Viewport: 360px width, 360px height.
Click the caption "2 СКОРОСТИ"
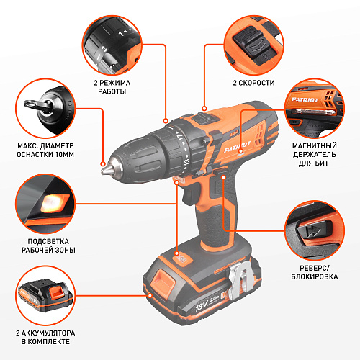[253, 83]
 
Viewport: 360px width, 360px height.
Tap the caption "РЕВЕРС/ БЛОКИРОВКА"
[315, 272]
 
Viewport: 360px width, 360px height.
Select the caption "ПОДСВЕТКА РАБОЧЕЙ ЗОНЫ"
[48, 246]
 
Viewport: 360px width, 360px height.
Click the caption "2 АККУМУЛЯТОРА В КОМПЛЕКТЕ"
[45, 337]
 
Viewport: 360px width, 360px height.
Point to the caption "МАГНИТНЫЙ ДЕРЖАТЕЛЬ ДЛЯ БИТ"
[314, 154]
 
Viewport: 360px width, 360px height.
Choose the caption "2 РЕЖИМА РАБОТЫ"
[112, 87]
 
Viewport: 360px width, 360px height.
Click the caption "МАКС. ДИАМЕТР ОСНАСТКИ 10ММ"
[45, 150]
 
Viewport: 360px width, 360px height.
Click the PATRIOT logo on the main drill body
[237, 147]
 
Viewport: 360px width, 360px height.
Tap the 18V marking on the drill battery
[202, 306]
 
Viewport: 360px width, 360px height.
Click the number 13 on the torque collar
[186, 161]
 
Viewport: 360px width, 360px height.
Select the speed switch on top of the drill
[207, 118]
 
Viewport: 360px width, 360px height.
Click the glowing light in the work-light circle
[54, 203]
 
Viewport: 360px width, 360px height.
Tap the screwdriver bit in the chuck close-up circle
[38, 105]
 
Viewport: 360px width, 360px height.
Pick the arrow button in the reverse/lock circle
[314, 230]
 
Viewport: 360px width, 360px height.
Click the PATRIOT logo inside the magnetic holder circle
[305, 99]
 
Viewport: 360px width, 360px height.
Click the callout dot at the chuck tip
[103, 164]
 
